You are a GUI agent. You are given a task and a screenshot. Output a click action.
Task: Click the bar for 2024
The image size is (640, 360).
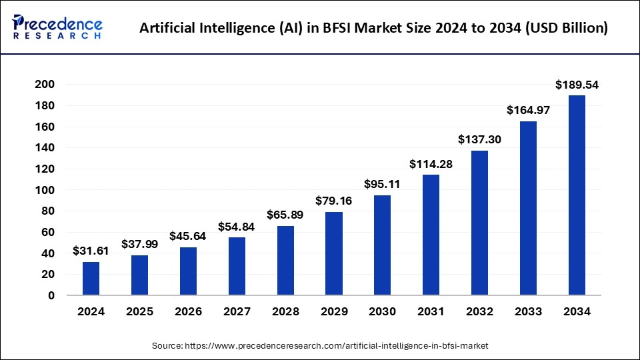(x=91, y=279)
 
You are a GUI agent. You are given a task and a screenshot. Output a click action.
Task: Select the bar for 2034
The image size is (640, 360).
(x=577, y=195)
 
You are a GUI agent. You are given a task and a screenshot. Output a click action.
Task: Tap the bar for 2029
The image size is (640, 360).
(x=334, y=253)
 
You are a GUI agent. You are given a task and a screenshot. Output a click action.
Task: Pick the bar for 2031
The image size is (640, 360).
(x=431, y=235)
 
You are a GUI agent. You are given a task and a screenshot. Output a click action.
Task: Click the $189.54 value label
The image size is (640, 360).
(x=577, y=85)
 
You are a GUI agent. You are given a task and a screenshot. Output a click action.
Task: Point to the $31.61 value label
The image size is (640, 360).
(x=91, y=251)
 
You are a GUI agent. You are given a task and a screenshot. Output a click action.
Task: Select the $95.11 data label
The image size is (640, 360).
(x=383, y=184)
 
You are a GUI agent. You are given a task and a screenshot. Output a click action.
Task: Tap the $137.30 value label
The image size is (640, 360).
(x=479, y=140)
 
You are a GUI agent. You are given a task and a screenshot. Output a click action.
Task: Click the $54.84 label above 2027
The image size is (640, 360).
(x=237, y=227)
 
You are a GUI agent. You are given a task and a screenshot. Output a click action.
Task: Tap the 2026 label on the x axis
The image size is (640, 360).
(x=188, y=311)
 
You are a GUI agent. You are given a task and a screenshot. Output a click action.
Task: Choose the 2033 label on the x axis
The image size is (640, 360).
(x=528, y=311)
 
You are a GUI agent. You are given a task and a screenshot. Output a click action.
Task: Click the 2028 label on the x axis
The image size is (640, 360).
(x=285, y=311)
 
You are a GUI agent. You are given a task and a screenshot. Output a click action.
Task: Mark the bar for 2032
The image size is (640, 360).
(x=479, y=223)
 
